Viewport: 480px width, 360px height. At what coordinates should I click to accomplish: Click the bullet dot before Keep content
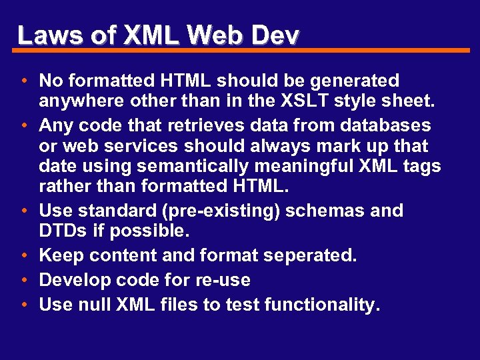click(x=24, y=256)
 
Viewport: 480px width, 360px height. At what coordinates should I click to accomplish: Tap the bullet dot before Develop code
click(x=24, y=281)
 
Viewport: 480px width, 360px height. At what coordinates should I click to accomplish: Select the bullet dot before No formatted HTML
click(x=24, y=82)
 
